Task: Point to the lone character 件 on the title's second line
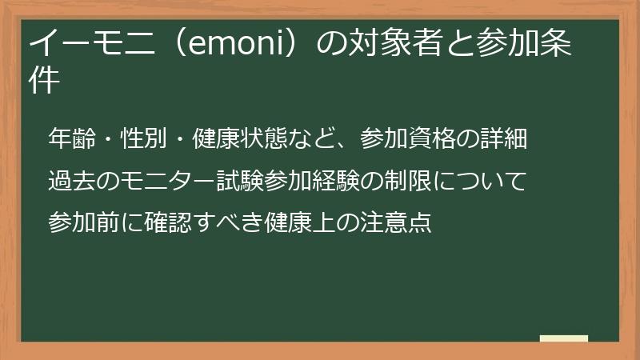[x=45, y=81]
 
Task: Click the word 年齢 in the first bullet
[x=71, y=138]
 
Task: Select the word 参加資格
[x=407, y=138]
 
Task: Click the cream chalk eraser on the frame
[x=564, y=338]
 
